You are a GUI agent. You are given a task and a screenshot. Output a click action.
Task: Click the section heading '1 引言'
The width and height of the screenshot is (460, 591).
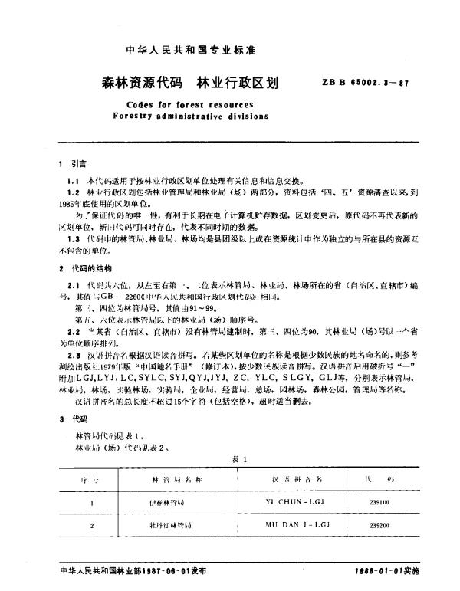point(74,164)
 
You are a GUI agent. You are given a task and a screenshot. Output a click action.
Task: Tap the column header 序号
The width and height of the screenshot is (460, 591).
point(91,478)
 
